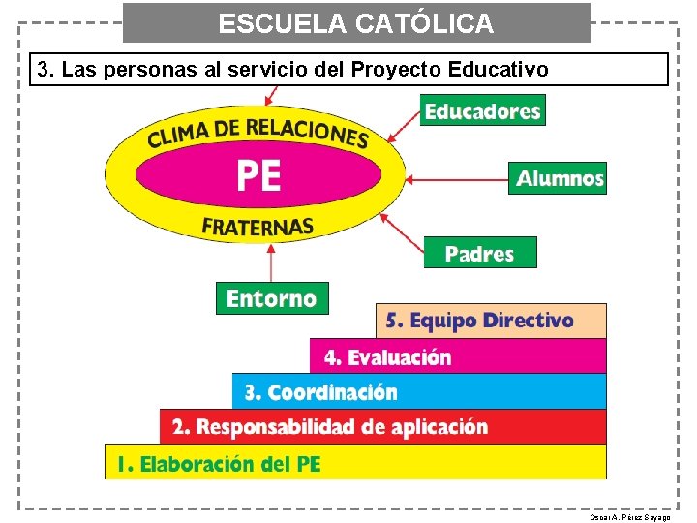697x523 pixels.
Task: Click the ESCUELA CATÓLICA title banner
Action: coord(356,22)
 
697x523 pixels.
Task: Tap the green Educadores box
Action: coord(482,110)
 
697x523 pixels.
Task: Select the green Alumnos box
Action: coord(558,178)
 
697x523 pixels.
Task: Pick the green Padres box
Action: coord(479,253)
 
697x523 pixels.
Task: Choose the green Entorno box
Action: coord(272,298)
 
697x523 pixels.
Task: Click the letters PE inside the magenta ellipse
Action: coord(258,176)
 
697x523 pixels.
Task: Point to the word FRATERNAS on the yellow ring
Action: coord(258,228)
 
